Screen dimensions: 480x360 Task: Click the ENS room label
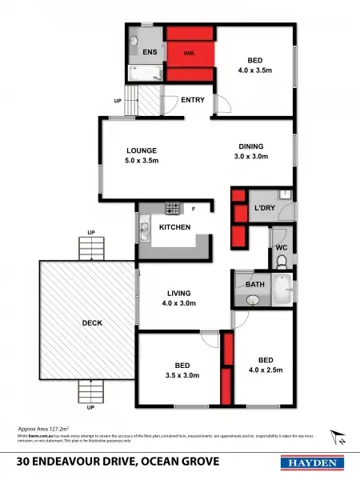pos(150,52)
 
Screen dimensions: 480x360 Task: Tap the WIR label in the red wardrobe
pos(189,54)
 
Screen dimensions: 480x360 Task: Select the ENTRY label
pos(192,100)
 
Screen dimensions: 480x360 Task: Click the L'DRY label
pos(265,209)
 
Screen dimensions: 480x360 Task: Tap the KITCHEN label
pos(174,228)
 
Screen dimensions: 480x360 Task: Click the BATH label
pos(255,284)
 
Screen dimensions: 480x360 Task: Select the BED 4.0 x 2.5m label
pos(265,363)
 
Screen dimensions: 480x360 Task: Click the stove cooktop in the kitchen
pos(171,210)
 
